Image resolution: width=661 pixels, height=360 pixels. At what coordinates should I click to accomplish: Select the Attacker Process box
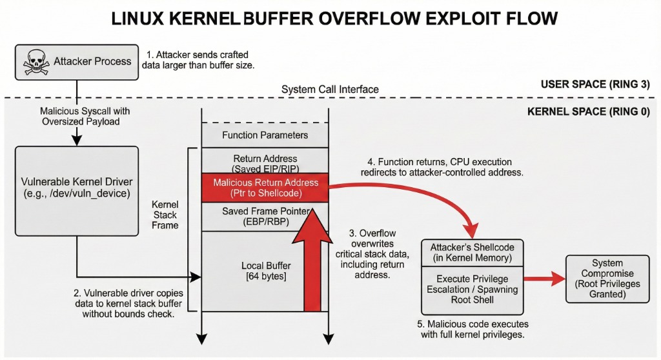(77, 62)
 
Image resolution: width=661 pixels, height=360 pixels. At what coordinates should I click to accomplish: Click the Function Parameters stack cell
(265, 135)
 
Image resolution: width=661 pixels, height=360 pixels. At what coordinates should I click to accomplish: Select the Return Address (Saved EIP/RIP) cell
(265, 163)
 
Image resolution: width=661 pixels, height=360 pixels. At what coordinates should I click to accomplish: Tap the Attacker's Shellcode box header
(472, 252)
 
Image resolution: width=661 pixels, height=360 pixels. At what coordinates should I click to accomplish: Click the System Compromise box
(607, 279)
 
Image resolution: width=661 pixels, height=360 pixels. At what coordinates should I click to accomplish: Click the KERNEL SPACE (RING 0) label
(588, 111)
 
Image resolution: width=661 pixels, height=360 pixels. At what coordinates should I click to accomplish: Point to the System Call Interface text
(330, 89)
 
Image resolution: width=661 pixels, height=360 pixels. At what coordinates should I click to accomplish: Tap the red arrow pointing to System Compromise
(542, 279)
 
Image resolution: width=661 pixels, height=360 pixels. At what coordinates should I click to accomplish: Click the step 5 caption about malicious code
(473, 329)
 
